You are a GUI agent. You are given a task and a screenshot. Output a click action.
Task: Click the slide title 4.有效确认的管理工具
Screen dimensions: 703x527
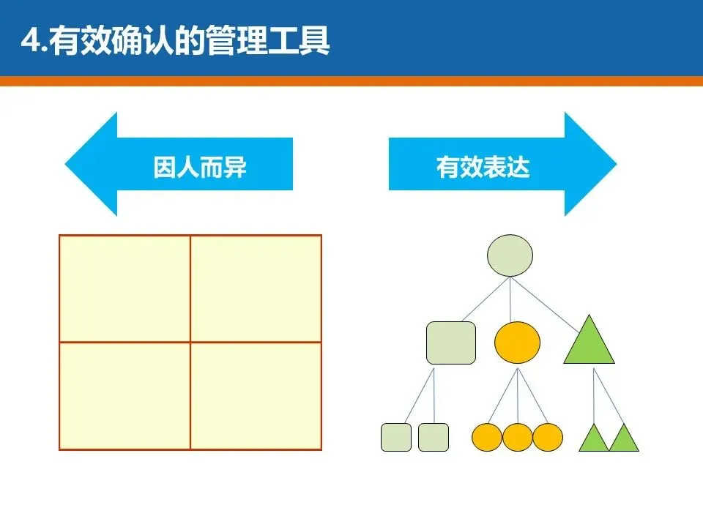[x=176, y=41]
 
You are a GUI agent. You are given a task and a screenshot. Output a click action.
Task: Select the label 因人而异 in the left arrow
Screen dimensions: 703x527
[x=200, y=168]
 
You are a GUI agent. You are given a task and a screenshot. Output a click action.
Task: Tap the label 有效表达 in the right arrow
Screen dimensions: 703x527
[x=483, y=168]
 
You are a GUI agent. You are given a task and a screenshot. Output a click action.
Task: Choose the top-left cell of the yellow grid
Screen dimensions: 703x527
[x=124, y=288]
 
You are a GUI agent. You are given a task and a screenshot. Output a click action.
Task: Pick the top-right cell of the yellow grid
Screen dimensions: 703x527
[x=256, y=288]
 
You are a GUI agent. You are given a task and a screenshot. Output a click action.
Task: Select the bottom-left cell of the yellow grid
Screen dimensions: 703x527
[x=124, y=395]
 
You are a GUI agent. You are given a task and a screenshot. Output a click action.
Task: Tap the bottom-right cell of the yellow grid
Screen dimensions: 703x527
[x=256, y=395]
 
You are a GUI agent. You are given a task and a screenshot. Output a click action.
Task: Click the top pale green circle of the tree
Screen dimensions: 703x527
[x=510, y=255]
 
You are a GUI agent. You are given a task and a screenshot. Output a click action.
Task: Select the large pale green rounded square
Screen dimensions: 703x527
[x=451, y=343]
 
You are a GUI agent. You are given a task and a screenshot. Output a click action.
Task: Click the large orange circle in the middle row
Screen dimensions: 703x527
[x=517, y=343]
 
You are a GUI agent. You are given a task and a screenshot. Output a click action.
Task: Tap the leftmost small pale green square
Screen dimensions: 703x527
[x=396, y=437]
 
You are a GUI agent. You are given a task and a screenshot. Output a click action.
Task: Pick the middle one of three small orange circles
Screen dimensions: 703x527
[x=518, y=437]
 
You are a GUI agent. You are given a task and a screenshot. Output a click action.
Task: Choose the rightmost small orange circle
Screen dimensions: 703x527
[x=548, y=437]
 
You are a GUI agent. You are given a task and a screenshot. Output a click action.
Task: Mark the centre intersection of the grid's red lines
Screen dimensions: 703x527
[x=190, y=342]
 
